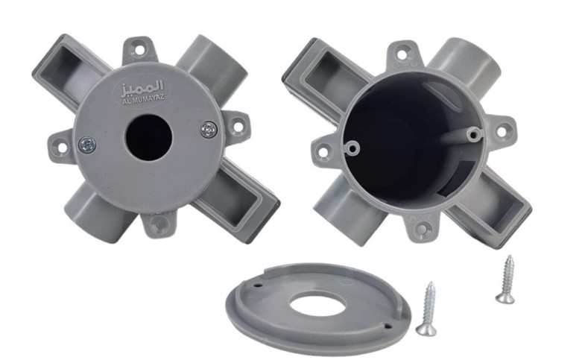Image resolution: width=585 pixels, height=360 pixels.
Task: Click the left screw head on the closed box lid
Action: coord(87,145)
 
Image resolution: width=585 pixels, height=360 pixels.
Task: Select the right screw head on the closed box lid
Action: coord(209,130)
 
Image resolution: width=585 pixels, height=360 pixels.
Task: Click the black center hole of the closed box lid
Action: coord(148,138)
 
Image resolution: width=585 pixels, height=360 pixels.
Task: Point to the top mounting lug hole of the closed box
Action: coord(139,50)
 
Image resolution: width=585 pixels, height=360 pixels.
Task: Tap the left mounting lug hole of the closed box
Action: coord(63,147)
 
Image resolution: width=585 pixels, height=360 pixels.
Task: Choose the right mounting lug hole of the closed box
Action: coord(238,125)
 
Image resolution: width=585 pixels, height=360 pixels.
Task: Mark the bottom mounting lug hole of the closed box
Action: coord(159,224)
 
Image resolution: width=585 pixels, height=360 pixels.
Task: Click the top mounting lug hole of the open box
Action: coord(402,54)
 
